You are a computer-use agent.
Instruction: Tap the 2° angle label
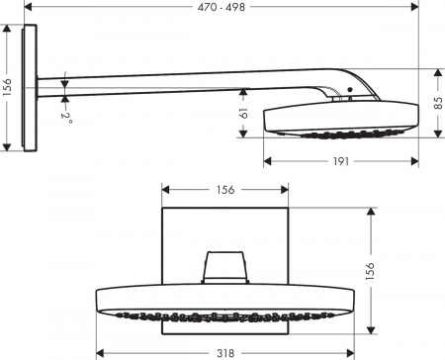pyautogui.click(x=66, y=117)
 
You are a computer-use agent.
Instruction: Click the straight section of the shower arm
pyautogui.click(x=188, y=89)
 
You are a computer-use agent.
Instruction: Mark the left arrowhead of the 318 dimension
pyautogui.click(x=100, y=349)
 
